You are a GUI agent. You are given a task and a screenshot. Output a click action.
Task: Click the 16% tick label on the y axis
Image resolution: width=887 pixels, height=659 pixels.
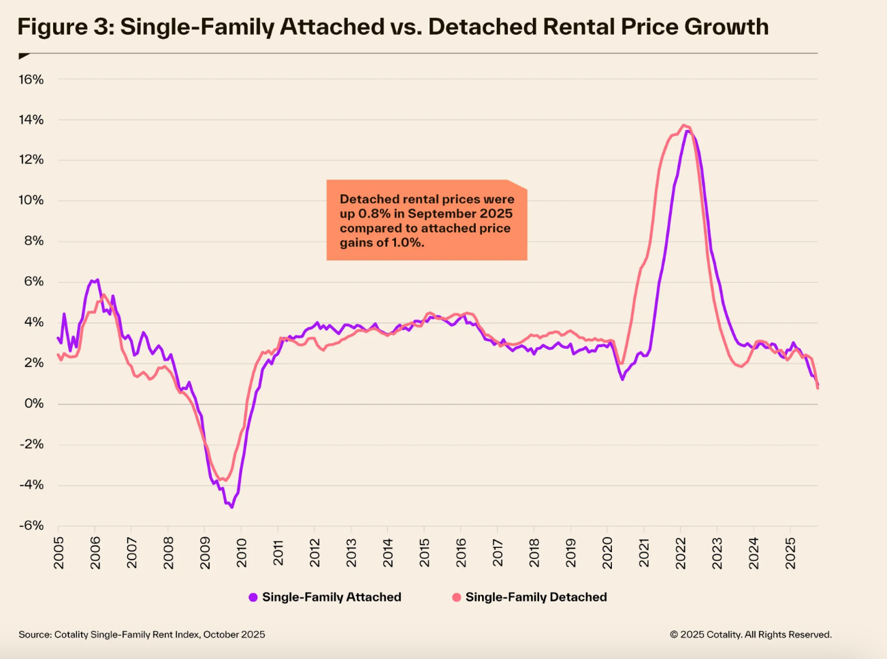pos(31,80)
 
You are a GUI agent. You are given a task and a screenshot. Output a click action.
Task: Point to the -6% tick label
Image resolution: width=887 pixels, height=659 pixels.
pos(31,526)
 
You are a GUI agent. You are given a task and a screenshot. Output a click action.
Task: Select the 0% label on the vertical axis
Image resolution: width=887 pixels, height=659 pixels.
pos(34,404)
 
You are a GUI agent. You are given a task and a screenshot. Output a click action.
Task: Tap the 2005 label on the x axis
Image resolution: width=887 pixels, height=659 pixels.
pos(58,552)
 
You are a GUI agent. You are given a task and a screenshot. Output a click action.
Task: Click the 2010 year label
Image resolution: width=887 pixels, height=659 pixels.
pos(241,552)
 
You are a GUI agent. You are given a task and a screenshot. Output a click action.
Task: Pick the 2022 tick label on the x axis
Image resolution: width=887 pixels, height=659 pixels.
pos(680,552)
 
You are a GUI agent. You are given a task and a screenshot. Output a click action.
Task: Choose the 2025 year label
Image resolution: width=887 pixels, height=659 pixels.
pos(790,552)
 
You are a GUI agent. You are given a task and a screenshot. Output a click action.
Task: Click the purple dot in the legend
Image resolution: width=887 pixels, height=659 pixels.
pos(253,597)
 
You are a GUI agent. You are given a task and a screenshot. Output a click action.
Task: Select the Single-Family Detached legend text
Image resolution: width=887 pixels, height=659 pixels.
pos(536,597)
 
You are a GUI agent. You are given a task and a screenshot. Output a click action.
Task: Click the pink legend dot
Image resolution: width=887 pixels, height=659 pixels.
pos(457,597)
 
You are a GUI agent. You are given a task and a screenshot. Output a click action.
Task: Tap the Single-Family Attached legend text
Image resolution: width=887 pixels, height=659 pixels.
pos(332,597)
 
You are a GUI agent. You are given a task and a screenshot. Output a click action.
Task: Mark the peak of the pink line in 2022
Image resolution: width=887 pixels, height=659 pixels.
pos(683,125)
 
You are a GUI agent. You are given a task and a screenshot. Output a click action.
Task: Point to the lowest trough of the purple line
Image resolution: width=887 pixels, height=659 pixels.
pos(231,507)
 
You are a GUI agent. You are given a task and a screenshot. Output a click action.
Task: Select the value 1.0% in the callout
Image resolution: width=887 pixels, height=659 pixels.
pos(408,242)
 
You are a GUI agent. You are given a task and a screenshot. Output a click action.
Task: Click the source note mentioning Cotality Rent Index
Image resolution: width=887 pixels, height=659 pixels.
pos(142,634)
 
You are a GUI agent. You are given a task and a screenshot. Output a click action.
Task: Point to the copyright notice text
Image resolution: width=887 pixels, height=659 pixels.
pos(750,634)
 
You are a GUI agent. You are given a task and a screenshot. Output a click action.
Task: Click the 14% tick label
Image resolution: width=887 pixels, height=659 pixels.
pos(31,120)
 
